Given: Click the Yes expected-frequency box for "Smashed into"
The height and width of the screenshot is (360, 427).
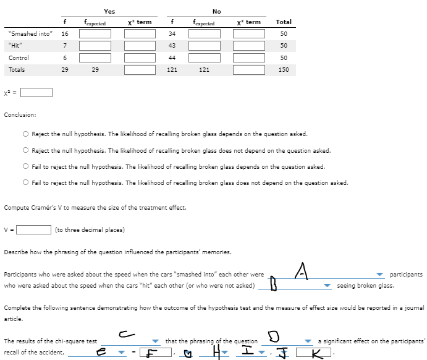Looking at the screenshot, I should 95,33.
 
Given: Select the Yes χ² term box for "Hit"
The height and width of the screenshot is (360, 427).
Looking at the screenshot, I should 139,46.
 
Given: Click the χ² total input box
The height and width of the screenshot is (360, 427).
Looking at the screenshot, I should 38,93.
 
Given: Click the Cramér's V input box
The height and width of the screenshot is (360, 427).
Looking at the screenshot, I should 33,230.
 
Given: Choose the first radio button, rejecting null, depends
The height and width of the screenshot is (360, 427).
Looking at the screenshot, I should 26,134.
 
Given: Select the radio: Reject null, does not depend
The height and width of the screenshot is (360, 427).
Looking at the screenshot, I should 26,150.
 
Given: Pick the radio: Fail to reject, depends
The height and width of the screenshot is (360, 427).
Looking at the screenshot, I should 26,166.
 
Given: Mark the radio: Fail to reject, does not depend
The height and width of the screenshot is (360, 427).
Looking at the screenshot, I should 26,182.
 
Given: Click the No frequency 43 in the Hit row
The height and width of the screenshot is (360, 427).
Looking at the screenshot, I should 172,46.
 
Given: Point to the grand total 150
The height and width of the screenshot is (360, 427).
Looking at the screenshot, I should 284,70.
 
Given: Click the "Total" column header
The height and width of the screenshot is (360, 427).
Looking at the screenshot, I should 284,22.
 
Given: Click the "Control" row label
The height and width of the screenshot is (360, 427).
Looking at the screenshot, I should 19,58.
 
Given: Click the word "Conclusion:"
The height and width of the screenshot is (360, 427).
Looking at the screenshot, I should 20,114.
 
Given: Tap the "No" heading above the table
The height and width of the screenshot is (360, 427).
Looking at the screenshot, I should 216,11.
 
